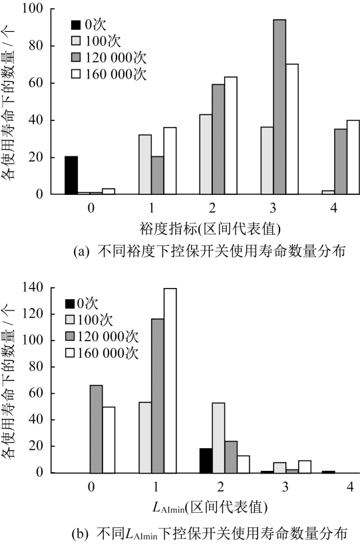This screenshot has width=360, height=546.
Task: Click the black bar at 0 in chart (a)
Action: click(x=71, y=175)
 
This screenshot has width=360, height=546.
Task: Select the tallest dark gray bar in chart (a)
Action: click(x=279, y=107)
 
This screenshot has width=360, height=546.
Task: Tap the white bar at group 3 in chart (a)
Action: click(x=292, y=129)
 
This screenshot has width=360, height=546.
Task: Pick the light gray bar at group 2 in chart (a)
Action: click(x=206, y=154)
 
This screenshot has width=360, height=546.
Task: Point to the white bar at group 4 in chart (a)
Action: click(x=353, y=157)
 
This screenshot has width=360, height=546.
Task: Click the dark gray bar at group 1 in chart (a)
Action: click(x=158, y=176)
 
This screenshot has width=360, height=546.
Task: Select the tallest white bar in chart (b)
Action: click(x=170, y=380)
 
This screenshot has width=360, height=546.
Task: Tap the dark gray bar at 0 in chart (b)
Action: click(x=96, y=429)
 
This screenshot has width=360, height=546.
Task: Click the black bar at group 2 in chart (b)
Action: click(x=206, y=461)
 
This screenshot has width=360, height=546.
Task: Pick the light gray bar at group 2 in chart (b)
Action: click(x=218, y=438)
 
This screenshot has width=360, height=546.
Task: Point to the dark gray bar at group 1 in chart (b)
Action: click(x=158, y=396)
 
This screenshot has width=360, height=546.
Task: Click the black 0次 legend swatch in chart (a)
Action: click(x=76, y=25)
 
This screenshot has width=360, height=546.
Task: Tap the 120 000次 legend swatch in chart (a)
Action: click(x=76, y=57)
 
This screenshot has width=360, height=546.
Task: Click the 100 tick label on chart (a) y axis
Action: click(x=33, y=9)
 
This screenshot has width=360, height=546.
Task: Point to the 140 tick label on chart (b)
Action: click(x=33, y=287)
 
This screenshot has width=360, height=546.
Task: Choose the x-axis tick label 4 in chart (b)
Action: click(x=350, y=487)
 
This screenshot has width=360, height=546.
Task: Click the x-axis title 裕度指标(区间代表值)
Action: click(x=210, y=229)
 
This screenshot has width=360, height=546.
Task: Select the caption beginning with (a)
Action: click(x=210, y=251)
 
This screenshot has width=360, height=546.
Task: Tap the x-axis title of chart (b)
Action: click(x=210, y=507)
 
